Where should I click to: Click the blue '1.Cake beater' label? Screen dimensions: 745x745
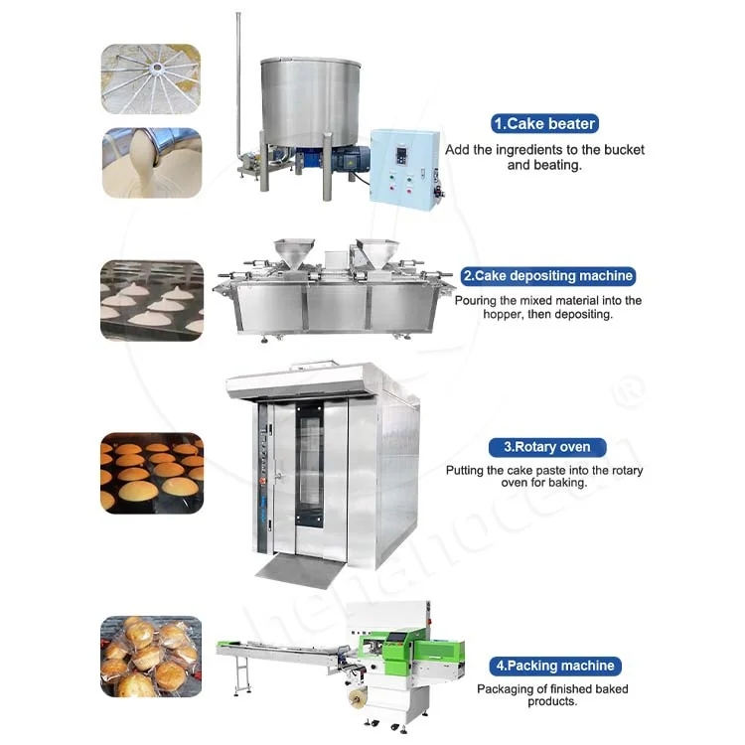point(544,124)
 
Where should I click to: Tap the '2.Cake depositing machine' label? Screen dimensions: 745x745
point(547,276)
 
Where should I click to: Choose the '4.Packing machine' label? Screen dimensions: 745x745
point(552,666)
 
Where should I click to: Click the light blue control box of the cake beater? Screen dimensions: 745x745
point(403,166)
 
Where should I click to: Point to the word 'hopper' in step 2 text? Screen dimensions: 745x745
point(477,314)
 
